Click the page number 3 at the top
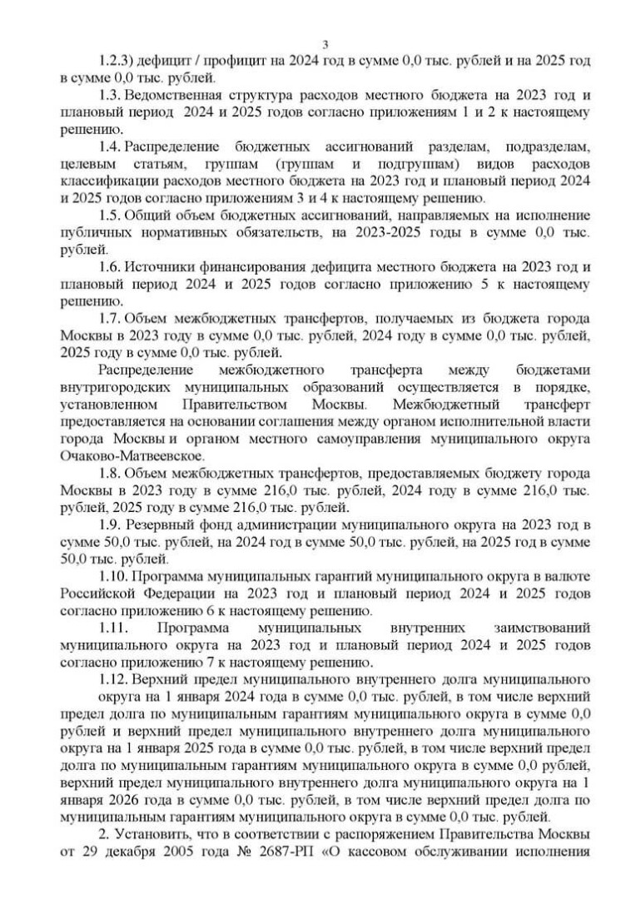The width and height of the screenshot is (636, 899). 325,44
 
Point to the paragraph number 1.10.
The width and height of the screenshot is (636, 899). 114,576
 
